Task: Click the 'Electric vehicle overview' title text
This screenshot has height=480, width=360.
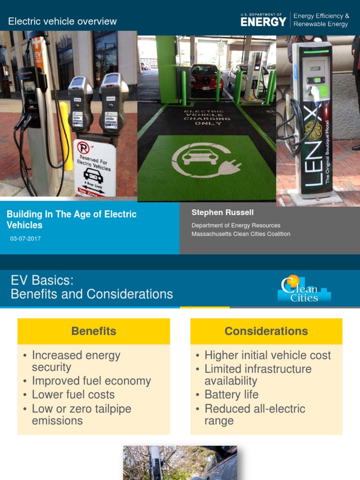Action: (x=62, y=22)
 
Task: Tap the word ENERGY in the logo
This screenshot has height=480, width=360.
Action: (x=263, y=22)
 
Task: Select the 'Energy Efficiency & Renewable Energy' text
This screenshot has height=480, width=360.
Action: (x=321, y=20)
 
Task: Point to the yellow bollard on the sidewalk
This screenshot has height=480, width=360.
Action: (x=66, y=135)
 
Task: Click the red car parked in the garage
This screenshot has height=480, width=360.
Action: (x=206, y=77)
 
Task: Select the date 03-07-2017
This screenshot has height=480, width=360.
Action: (x=25, y=239)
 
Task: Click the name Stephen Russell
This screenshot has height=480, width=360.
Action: (x=222, y=213)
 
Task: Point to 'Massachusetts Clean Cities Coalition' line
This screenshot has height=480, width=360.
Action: (x=240, y=234)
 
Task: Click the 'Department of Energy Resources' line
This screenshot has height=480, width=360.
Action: (x=236, y=225)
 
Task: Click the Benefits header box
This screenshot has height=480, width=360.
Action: (x=94, y=331)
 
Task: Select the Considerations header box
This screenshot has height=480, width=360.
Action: (x=266, y=331)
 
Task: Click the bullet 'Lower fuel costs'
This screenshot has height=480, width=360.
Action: (x=73, y=395)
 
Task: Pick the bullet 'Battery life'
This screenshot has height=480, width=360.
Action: (x=232, y=395)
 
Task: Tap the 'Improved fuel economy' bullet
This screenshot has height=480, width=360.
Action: (x=91, y=381)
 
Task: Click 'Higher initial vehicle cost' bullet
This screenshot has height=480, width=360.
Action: (x=268, y=355)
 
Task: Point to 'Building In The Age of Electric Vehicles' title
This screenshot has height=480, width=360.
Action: (x=71, y=219)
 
